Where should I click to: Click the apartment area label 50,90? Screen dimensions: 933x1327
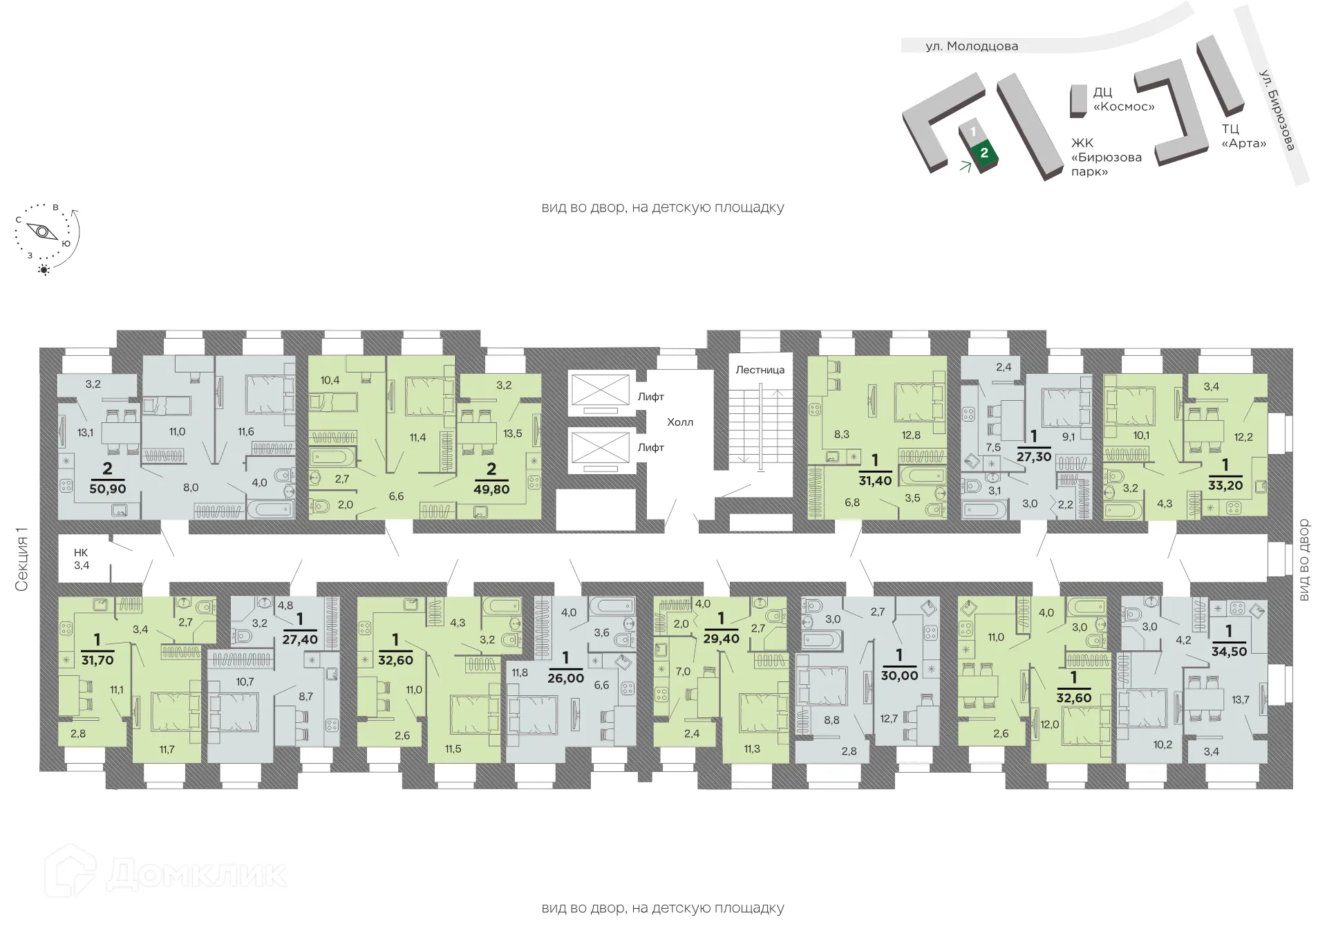(x=107, y=488)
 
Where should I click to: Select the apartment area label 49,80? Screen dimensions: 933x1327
(x=491, y=489)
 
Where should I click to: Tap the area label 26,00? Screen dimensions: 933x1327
(x=566, y=678)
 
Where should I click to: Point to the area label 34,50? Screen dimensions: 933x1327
(x=1228, y=651)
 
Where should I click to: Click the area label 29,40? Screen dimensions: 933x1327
(x=721, y=639)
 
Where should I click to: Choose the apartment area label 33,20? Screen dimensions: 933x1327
(x=1226, y=484)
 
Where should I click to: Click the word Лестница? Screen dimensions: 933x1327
(x=760, y=370)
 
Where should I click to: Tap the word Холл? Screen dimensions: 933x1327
(x=679, y=422)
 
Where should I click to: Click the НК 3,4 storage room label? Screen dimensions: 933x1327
(x=82, y=559)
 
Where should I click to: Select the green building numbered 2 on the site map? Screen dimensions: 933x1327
(x=984, y=153)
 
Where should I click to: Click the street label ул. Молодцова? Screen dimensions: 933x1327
(x=972, y=46)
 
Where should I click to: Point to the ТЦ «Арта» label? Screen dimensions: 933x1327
(x=1243, y=136)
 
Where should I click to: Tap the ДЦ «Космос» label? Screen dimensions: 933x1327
(x=1123, y=100)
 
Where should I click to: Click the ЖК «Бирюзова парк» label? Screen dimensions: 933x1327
(x=1106, y=157)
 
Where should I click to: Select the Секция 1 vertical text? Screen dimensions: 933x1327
(x=22, y=559)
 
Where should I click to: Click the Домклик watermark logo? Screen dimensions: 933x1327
(x=166, y=874)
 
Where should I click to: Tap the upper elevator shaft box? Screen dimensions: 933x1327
(x=599, y=388)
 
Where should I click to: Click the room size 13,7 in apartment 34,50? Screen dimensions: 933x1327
(x=1241, y=699)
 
